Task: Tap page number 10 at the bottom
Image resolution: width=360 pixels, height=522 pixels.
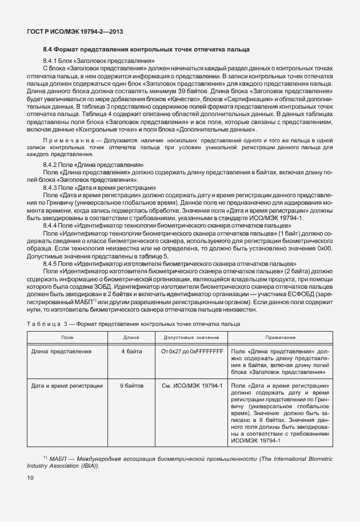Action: click(30, 477)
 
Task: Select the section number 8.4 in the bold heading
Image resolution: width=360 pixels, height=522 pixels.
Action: click(49, 50)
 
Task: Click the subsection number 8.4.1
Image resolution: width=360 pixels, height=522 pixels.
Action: click(51, 61)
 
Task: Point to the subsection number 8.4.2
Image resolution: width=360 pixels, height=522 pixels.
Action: click(51, 165)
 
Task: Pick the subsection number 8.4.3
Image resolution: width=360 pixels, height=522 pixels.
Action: click(51, 187)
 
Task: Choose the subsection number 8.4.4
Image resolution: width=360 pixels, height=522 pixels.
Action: click(51, 225)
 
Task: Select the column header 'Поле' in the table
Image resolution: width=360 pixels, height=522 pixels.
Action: click(67, 338)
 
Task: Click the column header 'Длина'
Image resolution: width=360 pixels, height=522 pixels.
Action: click(131, 338)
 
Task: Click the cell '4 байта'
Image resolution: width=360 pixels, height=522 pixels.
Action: click(131, 352)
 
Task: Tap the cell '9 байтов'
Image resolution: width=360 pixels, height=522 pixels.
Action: click(131, 385)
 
